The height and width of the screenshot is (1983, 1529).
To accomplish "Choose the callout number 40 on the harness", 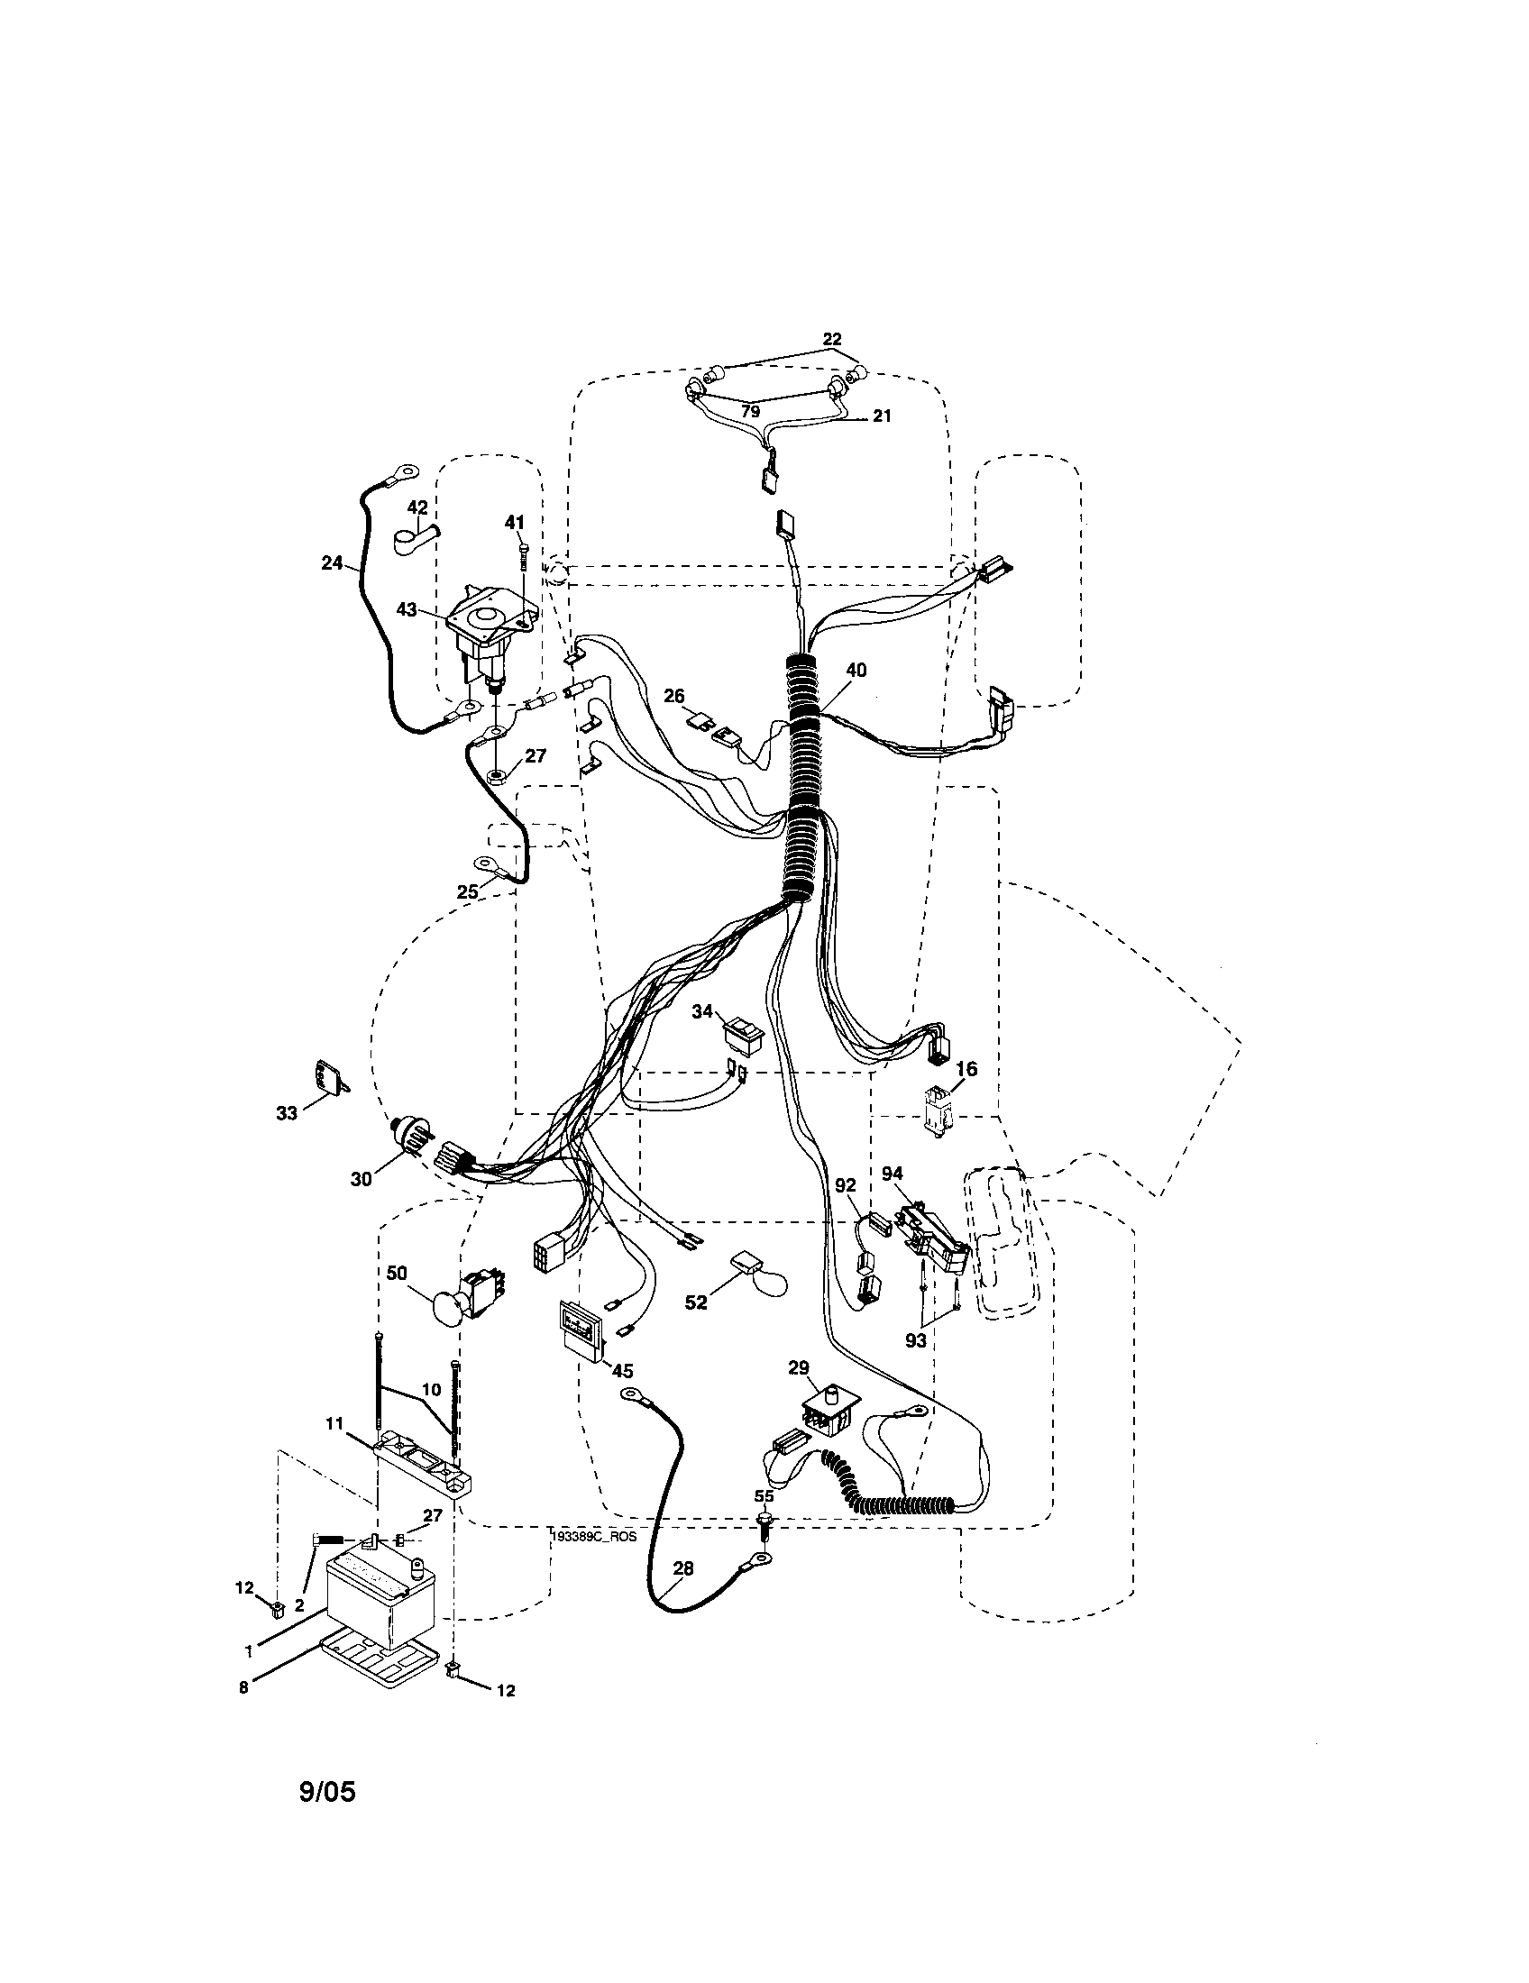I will pos(856,670).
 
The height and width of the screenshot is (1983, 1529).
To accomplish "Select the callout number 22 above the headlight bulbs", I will pos(832,339).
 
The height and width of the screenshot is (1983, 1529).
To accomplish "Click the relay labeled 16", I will pos(935,1110).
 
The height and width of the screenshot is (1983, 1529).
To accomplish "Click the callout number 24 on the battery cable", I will pos(332,563).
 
